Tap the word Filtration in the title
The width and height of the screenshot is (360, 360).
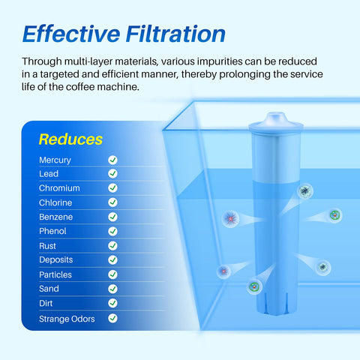[173, 34]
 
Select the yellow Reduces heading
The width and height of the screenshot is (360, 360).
[70, 139]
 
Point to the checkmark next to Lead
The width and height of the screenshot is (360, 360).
[112, 174]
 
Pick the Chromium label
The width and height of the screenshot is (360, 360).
[59, 188]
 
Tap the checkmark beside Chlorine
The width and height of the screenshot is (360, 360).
[112, 202]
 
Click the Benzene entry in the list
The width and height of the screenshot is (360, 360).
[56, 217]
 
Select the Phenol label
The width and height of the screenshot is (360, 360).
[52, 231]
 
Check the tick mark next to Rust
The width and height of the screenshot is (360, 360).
[112, 246]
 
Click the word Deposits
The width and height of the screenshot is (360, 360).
[56, 260]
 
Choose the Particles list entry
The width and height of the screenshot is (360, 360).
[55, 274]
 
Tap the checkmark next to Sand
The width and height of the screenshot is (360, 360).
[112, 289]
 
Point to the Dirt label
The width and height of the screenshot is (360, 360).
[46, 303]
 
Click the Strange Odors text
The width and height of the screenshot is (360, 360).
[67, 319]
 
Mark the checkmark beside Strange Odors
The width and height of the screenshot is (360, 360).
[112, 318]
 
